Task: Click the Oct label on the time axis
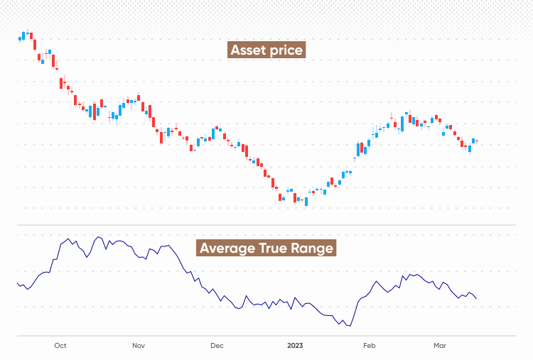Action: [60, 346]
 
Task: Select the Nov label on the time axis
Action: [139, 346]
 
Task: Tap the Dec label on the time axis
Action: [217, 346]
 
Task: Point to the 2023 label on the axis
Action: [295, 346]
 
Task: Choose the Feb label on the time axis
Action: [369, 346]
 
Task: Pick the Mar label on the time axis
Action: [440, 346]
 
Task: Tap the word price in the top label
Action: [287, 50]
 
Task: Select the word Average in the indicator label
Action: [227, 248]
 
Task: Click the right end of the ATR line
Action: [476, 298]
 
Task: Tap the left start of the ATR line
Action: [17, 283]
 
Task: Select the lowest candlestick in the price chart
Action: [306, 201]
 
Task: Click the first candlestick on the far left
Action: [20, 39]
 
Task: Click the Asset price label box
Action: [267, 50]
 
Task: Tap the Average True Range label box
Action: [266, 248]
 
